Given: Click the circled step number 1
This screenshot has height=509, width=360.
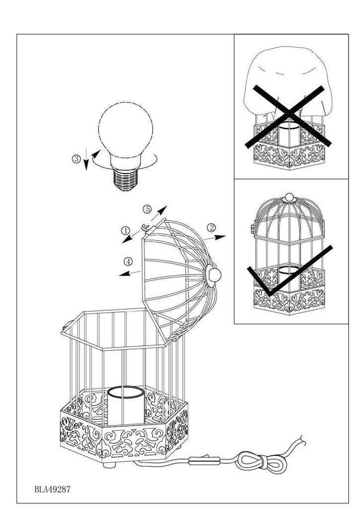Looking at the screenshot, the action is tap(125, 231).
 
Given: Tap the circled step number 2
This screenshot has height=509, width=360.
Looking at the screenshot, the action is tap(211, 228).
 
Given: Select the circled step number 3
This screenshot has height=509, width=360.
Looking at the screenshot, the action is tap(76, 159).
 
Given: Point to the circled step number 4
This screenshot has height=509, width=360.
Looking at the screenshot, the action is tap(128, 261).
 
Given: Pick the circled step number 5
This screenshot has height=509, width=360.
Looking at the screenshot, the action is tap(147, 209).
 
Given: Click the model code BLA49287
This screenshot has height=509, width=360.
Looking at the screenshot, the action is tap(52, 489).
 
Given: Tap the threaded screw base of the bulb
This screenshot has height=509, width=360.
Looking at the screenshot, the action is tap(125, 179).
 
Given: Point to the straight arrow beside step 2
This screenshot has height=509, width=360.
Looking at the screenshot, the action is tap(215, 238).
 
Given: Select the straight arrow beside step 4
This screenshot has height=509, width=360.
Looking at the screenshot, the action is tap(130, 273).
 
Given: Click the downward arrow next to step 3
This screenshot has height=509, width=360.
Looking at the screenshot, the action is tap(86, 159).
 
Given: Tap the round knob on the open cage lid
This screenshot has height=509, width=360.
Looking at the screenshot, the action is tap(214, 275).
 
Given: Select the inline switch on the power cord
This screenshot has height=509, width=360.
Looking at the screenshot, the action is tap(204, 460).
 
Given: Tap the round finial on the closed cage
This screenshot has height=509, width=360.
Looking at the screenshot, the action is tap(289, 197).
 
